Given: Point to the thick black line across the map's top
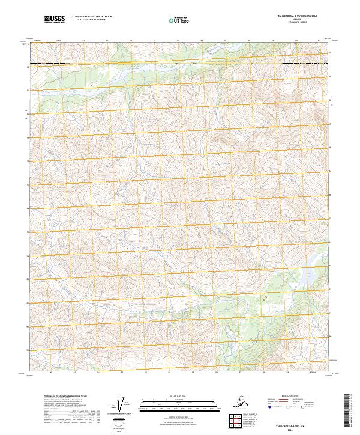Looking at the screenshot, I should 180,64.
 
